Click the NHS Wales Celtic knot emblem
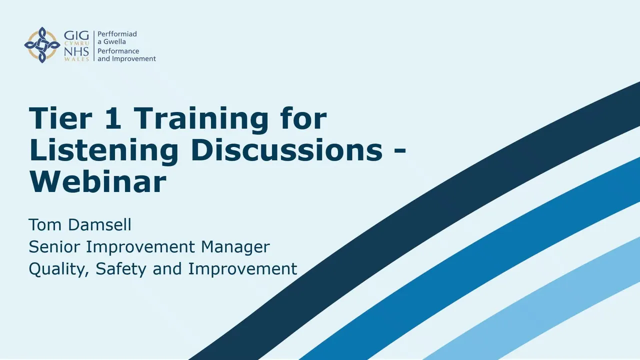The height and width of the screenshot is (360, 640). click(x=42, y=45)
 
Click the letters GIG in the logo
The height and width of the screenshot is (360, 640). click(x=76, y=35)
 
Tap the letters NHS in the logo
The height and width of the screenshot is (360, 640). click(x=76, y=52)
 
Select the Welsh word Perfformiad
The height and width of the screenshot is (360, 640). click(x=117, y=34)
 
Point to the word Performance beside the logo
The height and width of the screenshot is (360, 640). click(x=118, y=51)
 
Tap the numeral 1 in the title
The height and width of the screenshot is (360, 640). click(x=113, y=118)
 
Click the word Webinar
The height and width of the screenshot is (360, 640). click(x=97, y=182)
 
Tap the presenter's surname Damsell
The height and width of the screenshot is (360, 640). click(x=99, y=224)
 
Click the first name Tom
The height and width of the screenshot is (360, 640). click(x=45, y=225)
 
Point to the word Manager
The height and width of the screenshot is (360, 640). click(x=235, y=247)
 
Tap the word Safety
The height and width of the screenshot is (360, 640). click(x=121, y=269)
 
